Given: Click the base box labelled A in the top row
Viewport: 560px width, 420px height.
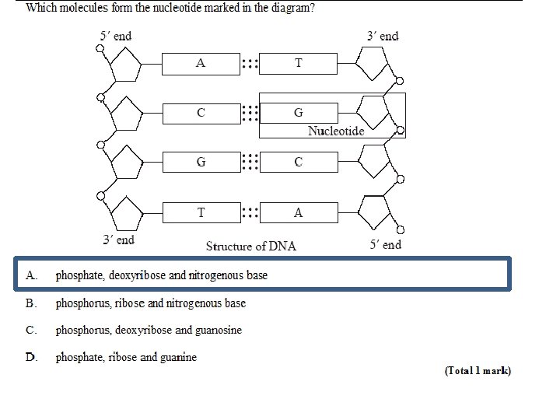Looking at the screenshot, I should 201,64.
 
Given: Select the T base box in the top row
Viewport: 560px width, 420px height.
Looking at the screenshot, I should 299,64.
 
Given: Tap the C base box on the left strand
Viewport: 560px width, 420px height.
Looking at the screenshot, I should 201,113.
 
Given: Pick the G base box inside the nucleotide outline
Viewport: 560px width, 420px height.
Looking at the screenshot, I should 299,113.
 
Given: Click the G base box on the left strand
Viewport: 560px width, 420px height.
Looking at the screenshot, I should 201,163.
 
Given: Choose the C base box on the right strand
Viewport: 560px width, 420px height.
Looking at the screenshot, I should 299,163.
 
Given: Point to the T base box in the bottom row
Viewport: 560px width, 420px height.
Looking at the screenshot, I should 201,212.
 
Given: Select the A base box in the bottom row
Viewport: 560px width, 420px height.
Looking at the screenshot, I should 299,212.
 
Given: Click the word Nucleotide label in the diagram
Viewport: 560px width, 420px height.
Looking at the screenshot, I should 336,131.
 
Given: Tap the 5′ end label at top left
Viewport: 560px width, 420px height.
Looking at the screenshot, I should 116,36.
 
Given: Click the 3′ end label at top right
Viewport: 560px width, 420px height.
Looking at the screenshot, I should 383,36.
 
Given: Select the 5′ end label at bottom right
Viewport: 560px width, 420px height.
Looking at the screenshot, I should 386,244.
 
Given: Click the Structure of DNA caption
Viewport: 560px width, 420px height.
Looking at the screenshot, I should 250,246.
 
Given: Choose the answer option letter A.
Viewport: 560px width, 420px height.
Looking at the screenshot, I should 32,275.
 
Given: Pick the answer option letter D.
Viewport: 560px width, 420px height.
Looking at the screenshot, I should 32,357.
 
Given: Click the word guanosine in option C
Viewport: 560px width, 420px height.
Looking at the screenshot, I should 218,330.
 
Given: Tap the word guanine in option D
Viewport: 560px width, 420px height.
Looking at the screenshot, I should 179,357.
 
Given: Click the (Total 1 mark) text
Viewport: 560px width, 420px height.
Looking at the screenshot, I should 478,371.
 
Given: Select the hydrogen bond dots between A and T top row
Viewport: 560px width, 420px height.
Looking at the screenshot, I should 249,64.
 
